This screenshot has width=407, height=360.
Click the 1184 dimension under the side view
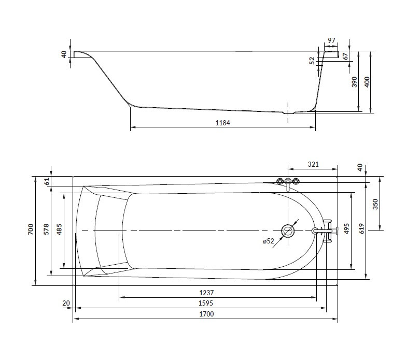pos(222,123)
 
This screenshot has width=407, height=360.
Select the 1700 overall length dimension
pos(206,314)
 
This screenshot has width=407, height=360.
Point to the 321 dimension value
pos(313,164)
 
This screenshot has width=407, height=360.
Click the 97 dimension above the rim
pos(332,41)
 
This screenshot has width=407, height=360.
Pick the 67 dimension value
pos(345,55)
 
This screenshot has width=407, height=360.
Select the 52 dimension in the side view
pos(312,60)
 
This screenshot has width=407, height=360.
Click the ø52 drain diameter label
pos(268,241)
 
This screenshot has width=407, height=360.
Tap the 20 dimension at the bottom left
pos(66,304)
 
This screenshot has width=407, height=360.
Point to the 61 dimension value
pos(47,181)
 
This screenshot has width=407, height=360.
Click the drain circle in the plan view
pos(287,230)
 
